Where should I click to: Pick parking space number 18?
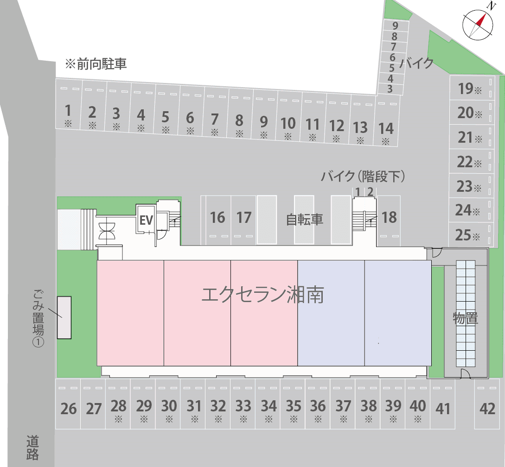389,217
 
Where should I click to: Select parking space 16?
217,217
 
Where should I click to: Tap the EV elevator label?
146,220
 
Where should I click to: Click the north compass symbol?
478,24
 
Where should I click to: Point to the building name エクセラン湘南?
262,295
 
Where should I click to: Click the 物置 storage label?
465,318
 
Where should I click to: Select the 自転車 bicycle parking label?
304,219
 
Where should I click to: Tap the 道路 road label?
32,447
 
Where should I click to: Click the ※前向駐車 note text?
96,64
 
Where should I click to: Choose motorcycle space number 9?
395,26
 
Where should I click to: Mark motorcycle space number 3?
390,89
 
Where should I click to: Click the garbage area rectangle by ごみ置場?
64,317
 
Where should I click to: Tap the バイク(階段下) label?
364,176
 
